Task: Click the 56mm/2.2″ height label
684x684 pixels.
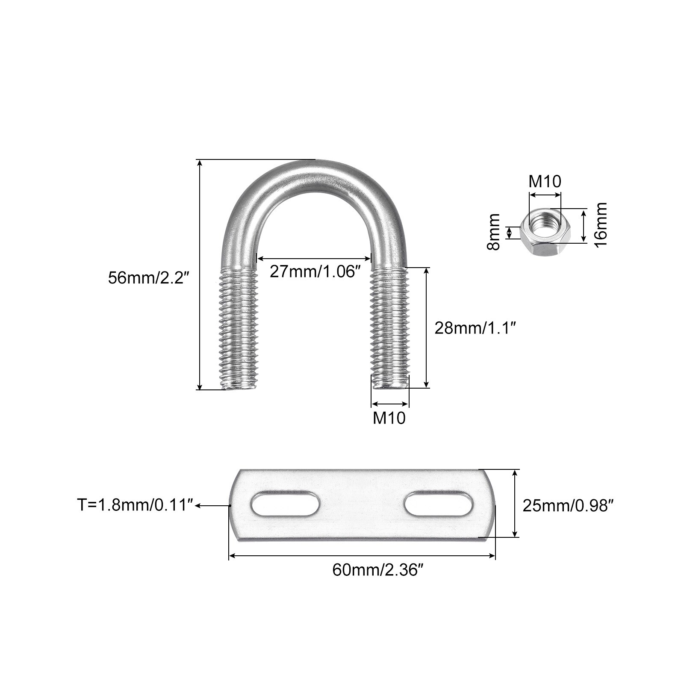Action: tap(148, 278)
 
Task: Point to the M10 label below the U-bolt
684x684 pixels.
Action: tap(389, 418)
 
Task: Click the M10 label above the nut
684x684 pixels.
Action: tap(545, 182)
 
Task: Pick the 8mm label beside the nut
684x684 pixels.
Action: tap(494, 232)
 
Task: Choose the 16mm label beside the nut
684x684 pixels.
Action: tap(601, 224)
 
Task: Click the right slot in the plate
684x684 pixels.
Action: tap(438, 504)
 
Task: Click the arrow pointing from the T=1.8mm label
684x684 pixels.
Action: tap(212, 505)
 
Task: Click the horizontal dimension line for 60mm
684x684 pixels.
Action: tap(362, 556)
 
